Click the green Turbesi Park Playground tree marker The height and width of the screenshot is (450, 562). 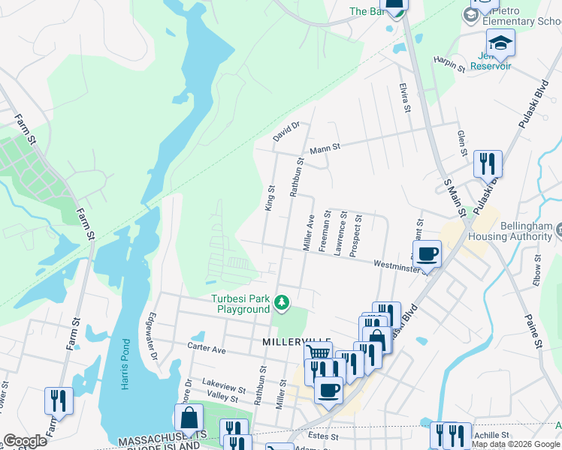click(282, 302)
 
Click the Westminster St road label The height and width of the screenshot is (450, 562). click(402, 266)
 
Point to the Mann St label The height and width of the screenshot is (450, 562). click(325, 148)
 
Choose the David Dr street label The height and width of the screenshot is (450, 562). click(286, 132)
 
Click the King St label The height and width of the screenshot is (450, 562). click(270, 199)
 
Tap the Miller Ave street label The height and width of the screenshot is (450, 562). click(308, 232)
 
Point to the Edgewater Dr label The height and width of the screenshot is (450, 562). click(154, 330)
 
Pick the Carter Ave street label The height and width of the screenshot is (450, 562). click(207, 349)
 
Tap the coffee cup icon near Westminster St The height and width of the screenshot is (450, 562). click(427, 253)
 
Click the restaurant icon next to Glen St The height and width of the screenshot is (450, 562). click(488, 163)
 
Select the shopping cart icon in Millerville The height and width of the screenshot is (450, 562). click(319, 353)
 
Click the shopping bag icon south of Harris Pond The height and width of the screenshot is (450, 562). click(189, 417)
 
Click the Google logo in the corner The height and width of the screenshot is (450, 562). click(25, 441)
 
